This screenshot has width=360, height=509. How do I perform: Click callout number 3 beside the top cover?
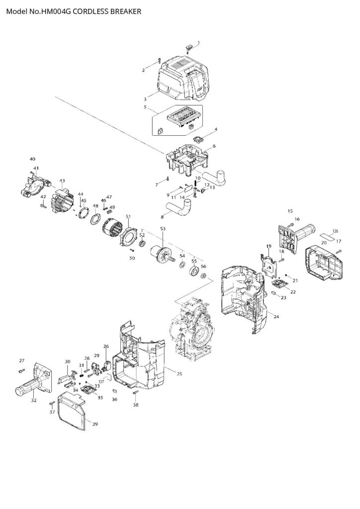point(145,99)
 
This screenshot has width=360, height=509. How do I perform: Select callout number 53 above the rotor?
point(162,229)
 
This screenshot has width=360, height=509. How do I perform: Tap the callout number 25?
point(173,373)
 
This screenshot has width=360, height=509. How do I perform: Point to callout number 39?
point(95,424)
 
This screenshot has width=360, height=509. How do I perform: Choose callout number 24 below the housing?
point(276,317)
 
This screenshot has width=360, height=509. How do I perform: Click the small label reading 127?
point(101,381)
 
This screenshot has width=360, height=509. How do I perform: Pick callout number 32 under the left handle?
point(33,400)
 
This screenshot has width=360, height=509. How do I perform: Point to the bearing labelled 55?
point(193,271)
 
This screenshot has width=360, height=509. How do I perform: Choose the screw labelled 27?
point(21,370)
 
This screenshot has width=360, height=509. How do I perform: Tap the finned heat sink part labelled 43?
point(62,200)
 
